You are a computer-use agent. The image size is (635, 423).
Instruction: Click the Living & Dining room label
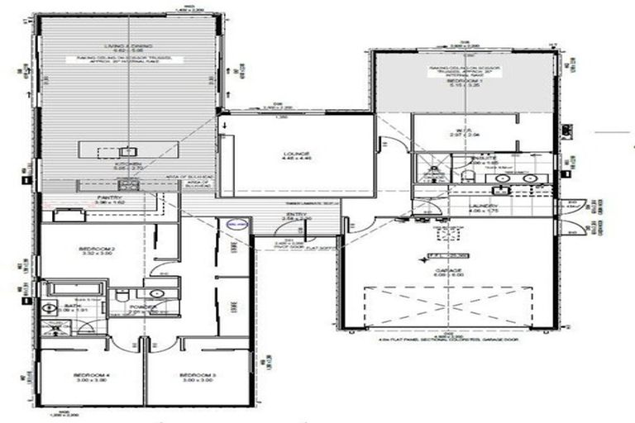coord(127,47)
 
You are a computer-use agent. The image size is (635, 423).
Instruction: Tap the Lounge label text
coord(295,154)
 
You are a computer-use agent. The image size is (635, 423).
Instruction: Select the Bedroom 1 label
coord(463,81)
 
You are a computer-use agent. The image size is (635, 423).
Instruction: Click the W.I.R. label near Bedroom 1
coord(461,131)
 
